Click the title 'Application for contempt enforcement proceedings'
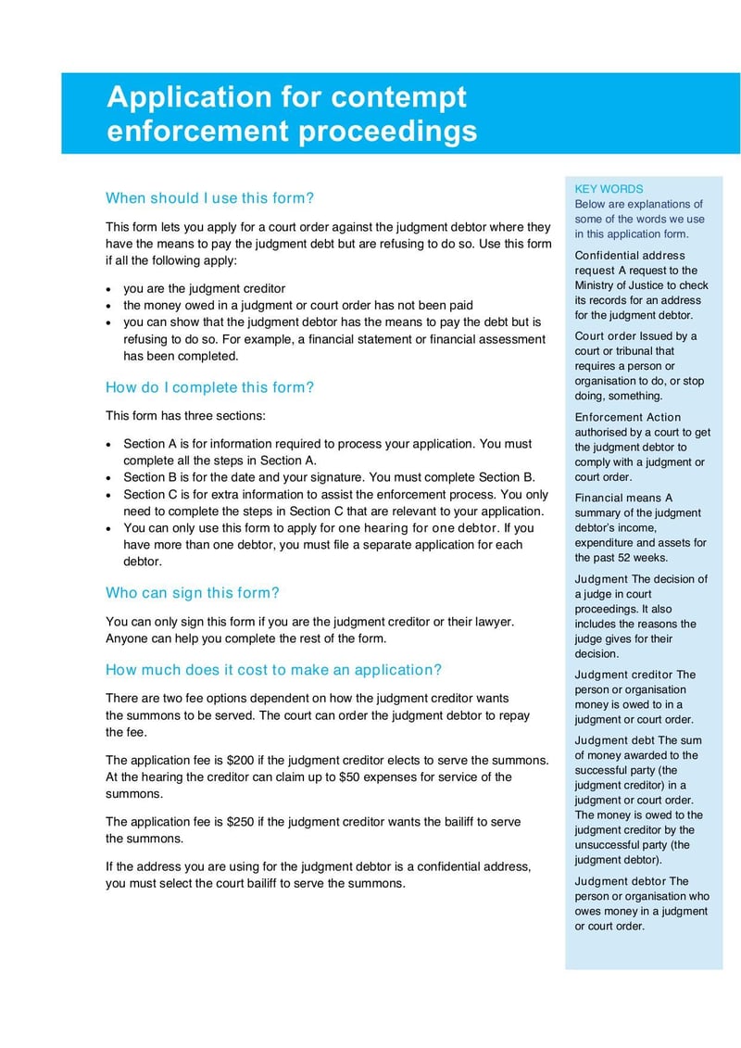coord(292,114)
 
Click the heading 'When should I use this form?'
coord(210,197)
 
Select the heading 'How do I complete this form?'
coord(210,387)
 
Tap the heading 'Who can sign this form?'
coord(193,593)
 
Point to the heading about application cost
coord(273,670)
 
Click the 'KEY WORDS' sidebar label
coord(609,189)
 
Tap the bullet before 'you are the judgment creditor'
coord(110,289)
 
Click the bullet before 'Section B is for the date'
coord(110,478)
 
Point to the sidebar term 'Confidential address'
coord(630,256)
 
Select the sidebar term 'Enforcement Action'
coord(627,418)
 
